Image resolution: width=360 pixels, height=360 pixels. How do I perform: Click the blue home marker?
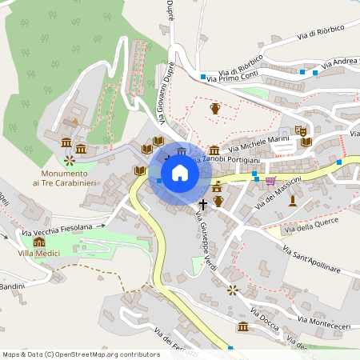[180, 172]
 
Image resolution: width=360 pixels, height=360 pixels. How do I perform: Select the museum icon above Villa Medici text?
[39, 242]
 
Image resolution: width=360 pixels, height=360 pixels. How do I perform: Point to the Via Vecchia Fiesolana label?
[58, 229]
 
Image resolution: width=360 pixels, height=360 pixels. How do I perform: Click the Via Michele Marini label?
[258, 142]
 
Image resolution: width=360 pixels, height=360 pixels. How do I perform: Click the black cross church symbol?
[202, 205]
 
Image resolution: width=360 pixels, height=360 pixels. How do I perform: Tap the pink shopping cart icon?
[270, 180]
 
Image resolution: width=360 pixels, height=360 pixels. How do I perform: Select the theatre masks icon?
[301, 130]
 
